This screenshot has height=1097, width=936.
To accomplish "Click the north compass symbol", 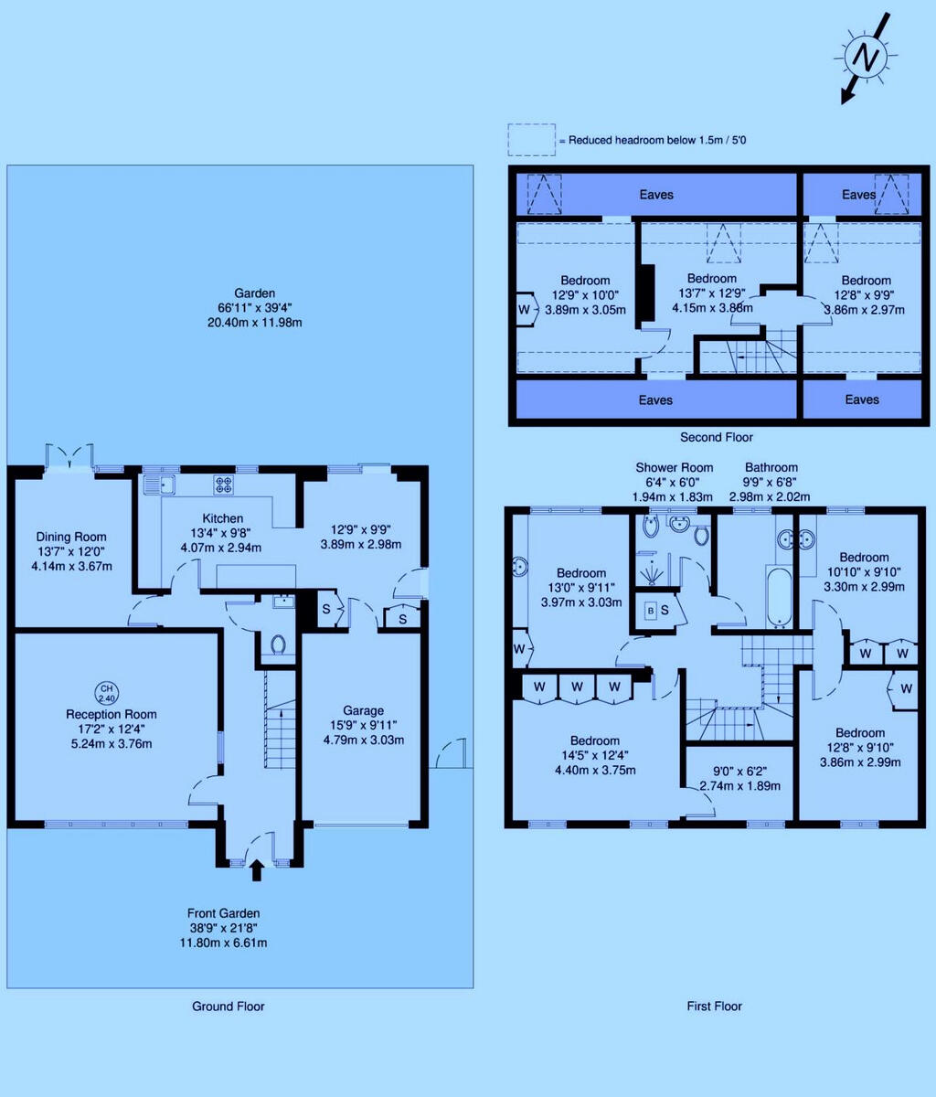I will point(861,58).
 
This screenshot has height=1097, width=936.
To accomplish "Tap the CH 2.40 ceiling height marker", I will point(108,692).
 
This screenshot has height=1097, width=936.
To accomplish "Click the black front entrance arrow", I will point(256,869).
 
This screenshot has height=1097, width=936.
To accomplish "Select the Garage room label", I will point(363,710).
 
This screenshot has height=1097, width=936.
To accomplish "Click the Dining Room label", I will point(71,537).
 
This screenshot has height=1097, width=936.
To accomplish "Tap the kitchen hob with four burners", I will point(224,484).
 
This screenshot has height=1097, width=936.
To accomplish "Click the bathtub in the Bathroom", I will point(780,596).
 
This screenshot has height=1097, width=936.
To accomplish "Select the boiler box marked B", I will point(652,610).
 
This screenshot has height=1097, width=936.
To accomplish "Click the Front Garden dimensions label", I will point(224,928).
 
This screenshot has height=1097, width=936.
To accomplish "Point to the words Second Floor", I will point(717,437).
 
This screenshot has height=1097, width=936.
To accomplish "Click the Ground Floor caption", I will point(228,1006).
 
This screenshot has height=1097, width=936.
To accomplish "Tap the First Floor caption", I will point(714,1006).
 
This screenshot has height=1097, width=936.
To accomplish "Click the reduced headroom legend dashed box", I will point(531,140).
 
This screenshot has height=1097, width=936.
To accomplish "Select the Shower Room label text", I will point(675,468).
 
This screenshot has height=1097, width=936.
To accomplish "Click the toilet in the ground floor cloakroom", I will point(278,645).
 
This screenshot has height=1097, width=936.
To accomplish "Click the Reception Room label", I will point(111,714).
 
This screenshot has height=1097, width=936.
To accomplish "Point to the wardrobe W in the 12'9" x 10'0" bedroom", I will point(525,309).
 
